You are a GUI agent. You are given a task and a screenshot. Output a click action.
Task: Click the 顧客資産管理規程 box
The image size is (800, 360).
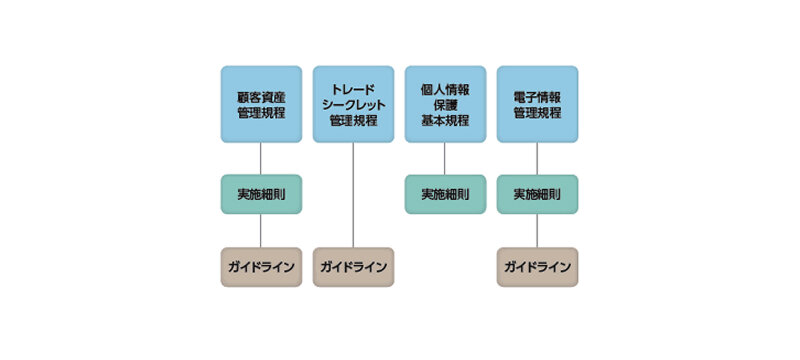click(x=261, y=104)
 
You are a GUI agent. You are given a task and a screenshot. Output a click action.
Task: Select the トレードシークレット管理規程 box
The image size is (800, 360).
click(x=353, y=104)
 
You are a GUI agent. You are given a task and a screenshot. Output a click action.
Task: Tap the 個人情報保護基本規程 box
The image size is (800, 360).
click(x=445, y=104)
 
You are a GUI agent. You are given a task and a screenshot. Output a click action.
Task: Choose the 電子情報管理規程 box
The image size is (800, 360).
click(x=537, y=104)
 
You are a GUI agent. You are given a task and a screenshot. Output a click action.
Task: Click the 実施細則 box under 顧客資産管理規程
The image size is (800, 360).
click(x=261, y=194)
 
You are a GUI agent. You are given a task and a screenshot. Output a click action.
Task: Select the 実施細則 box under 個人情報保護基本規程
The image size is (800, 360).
click(x=445, y=194)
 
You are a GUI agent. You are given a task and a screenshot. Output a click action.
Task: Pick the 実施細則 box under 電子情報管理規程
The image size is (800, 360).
click(x=537, y=194)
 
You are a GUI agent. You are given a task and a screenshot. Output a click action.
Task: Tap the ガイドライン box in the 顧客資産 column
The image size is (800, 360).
click(x=261, y=267)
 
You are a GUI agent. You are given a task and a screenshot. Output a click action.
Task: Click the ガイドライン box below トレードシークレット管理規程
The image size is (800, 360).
click(x=353, y=267)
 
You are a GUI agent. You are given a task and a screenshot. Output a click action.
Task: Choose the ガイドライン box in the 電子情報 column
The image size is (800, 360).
click(x=537, y=267)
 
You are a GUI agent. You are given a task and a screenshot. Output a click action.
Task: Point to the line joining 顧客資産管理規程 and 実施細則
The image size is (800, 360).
click(x=261, y=158)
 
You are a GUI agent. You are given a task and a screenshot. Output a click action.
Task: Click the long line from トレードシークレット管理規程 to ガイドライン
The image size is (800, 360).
click(x=353, y=195)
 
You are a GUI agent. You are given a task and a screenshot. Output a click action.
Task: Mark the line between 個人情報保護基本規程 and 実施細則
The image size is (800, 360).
click(x=445, y=158)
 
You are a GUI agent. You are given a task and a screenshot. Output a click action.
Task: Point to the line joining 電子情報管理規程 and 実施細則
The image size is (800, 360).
click(x=537, y=158)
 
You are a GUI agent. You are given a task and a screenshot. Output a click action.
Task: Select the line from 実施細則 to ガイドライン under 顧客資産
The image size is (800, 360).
click(x=261, y=231)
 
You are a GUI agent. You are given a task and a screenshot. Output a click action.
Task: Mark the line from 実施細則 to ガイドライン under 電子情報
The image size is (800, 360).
click(x=537, y=231)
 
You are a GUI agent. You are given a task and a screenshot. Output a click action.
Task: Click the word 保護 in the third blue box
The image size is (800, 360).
click(x=445, y=104)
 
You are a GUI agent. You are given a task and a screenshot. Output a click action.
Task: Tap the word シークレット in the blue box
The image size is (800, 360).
click(x=353, y=104)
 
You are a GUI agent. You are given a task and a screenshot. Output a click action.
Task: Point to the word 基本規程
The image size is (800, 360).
click(x=445, y=121)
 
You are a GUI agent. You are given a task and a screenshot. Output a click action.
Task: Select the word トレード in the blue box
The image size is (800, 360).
click(x=353, y=88)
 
